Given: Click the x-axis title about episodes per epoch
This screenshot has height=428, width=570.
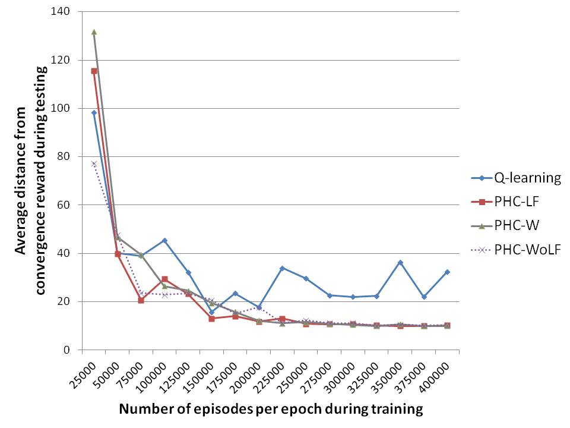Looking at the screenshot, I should click(271, 409).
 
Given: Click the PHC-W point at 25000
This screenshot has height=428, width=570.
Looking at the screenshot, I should click(94, 32).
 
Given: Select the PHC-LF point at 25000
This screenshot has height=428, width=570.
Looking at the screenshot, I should click(94, 71).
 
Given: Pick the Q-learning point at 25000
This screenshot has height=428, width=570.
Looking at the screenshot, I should click(94, 112).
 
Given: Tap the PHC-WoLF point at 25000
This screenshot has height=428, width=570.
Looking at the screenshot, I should click(94, 163).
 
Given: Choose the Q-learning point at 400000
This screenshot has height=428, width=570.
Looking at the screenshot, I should click(447, 272).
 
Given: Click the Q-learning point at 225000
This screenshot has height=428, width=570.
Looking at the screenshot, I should click(283, 268).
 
